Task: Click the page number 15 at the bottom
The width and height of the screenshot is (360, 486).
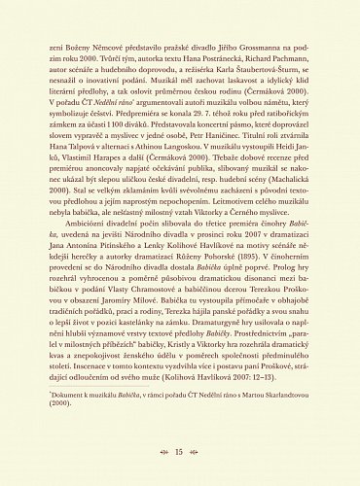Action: (x=179, y=451)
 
